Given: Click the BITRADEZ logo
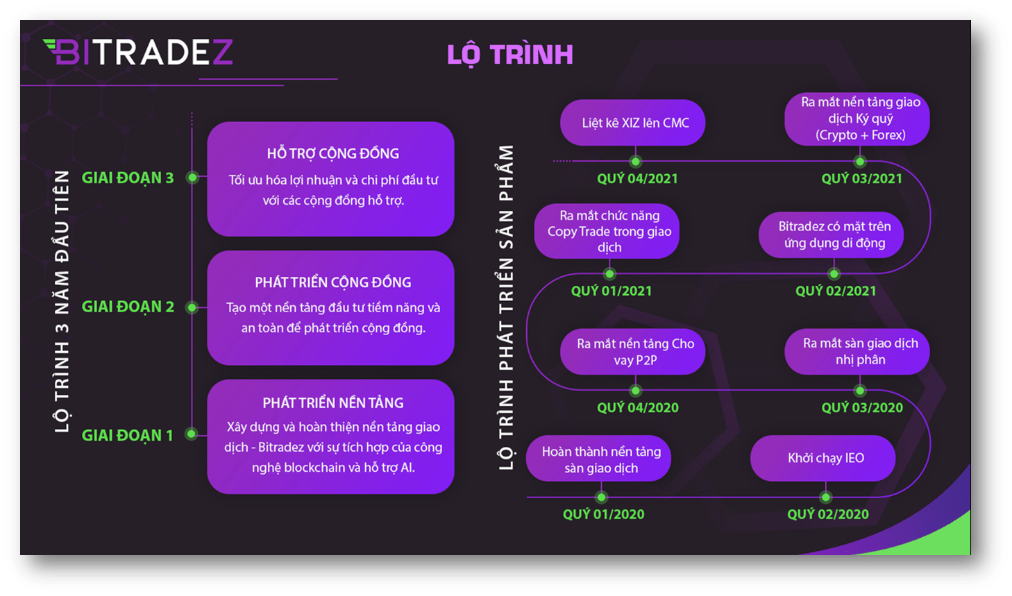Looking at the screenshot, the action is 138,52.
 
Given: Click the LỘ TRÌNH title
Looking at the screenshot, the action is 510,55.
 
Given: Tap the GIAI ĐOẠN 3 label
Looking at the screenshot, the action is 128,178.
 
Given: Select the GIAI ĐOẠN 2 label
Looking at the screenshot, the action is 128,307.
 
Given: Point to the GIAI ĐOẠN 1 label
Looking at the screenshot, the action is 128,435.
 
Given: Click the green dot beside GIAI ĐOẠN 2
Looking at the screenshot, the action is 192,307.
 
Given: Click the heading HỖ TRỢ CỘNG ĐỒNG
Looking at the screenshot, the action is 333,153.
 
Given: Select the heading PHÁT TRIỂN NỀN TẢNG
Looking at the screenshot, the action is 333,402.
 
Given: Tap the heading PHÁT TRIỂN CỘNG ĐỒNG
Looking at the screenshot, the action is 333,282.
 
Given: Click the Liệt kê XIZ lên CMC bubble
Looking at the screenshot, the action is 632,122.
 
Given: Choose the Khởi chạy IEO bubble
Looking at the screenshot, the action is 823,458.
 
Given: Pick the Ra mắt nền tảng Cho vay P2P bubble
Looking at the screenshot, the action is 632,352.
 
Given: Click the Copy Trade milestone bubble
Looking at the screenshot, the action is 607,231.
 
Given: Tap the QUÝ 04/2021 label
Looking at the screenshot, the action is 637,179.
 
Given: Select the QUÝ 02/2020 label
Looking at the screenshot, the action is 827,514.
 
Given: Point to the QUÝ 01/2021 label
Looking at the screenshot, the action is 612,291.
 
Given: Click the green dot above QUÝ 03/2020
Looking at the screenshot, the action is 860,390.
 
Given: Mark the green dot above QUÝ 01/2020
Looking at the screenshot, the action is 601,497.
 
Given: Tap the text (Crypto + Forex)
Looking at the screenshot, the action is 860,135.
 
